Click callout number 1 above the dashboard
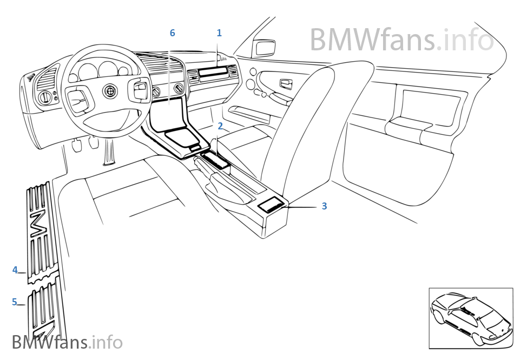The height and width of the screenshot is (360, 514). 219,33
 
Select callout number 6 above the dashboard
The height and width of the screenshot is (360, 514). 173,33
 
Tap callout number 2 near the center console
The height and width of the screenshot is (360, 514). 220,126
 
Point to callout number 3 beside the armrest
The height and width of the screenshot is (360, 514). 324,206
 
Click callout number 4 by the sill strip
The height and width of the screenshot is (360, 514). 15,270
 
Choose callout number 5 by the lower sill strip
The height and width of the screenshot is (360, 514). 15,302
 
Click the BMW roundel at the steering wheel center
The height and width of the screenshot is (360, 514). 109,91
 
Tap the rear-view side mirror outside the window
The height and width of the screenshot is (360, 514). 264,48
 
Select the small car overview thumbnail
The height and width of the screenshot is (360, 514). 471,318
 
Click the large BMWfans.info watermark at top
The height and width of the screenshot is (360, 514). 401,40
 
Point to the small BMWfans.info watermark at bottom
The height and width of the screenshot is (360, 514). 67,342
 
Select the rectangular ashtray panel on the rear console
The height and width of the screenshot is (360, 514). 271,206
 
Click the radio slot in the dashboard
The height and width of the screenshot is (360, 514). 210,71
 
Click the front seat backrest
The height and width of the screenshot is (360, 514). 315,131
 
